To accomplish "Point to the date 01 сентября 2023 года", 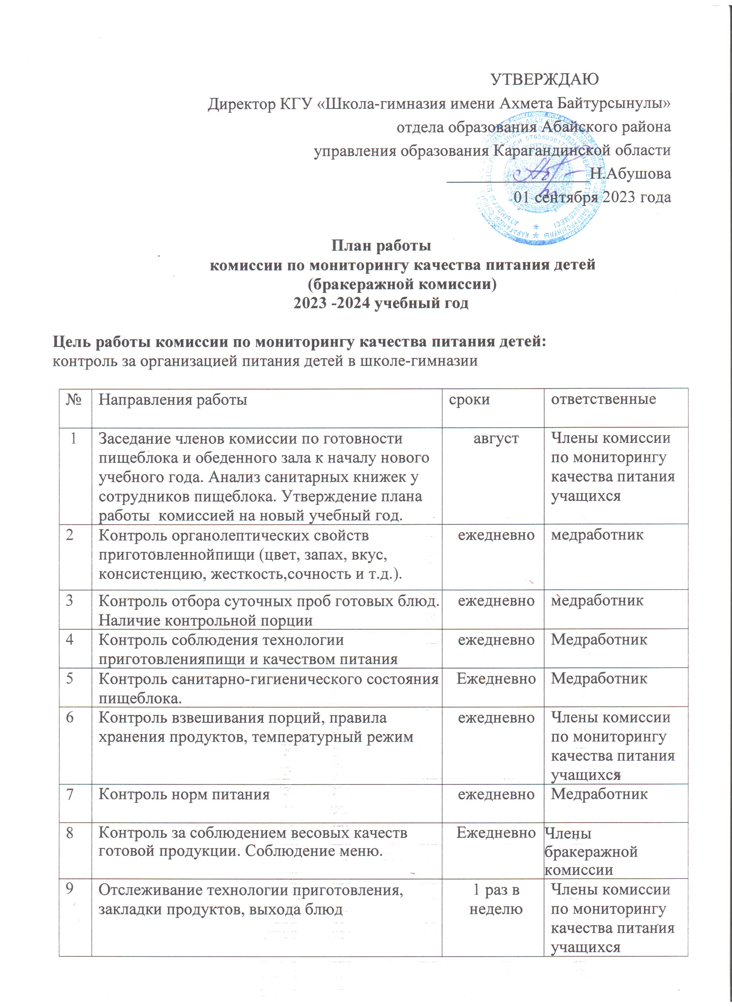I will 592,197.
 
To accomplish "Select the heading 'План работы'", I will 382,245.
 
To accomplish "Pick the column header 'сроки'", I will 469,400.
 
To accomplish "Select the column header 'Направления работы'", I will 173,400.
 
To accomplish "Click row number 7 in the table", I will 70,794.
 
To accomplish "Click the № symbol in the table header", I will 75,400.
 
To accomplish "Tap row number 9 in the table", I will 70,890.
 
